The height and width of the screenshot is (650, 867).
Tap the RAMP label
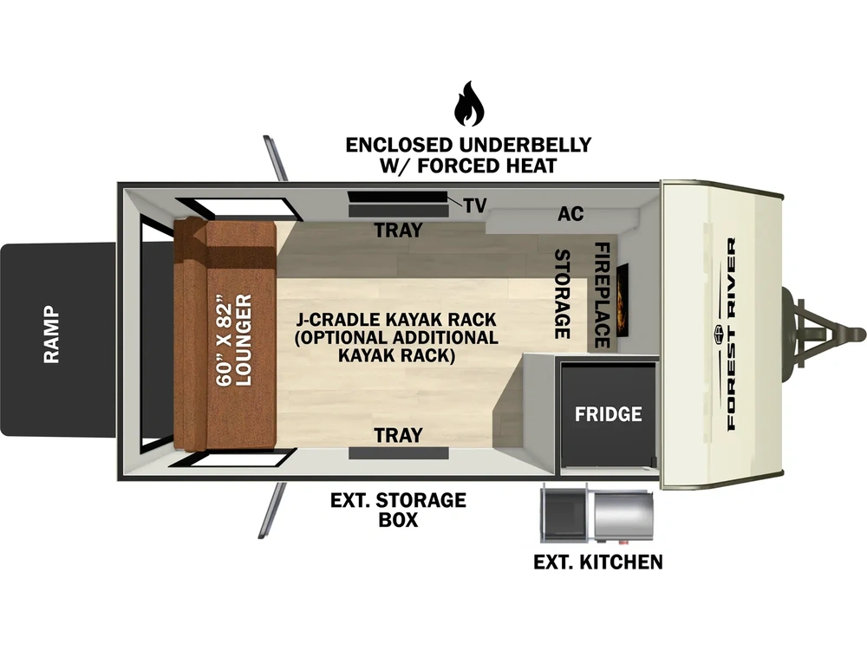point(51,334)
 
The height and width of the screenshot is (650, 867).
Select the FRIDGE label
point(609,414)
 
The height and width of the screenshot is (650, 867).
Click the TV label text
point(475,205)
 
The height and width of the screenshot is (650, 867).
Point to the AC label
point(570,213)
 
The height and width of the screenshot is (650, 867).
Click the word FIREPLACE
point(603,295)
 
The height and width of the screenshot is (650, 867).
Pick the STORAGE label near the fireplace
point(563,294)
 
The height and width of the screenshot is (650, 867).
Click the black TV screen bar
point(398,197)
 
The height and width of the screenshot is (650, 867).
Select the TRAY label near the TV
point(398,230)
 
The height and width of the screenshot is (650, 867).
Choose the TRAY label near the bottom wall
point(398,435)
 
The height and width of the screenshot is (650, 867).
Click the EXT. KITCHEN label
point(597,562)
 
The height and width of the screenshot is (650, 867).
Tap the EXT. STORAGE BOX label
point(398,510)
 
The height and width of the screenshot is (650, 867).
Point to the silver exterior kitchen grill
point(623,516)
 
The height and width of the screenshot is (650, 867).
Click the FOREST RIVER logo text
point(730,335)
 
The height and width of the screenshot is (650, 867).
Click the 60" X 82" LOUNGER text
point(234,340)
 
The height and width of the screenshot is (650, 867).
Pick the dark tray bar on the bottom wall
point(398,453)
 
